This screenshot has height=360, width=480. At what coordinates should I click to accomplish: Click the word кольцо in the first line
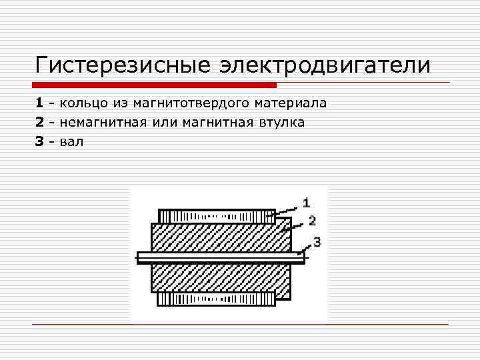84,103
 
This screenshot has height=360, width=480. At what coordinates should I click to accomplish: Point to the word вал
72,141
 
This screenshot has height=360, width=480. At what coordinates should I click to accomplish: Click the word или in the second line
166,123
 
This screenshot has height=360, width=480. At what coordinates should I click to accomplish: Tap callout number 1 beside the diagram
306,201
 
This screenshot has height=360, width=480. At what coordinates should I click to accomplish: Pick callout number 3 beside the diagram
317,242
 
